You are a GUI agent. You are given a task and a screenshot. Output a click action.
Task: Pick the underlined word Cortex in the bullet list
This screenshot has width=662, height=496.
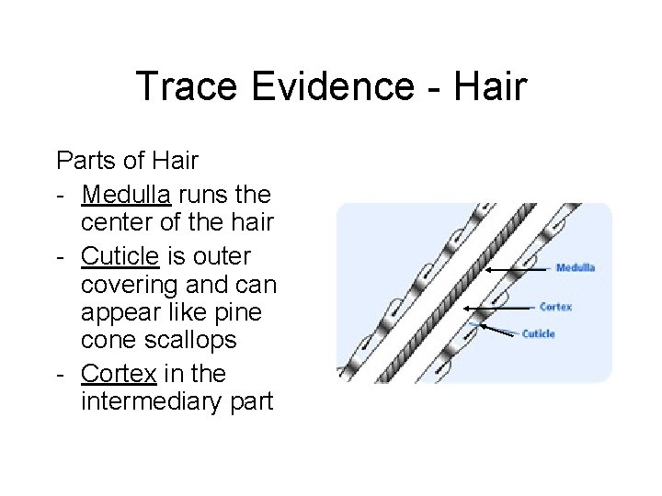pos(115,375)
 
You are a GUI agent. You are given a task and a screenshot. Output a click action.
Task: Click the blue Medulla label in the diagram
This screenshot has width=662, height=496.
pos(575,268)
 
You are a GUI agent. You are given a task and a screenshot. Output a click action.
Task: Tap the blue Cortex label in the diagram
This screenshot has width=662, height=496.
pos(555,307)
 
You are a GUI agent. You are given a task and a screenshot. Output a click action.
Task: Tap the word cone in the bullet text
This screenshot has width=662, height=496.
pos(107,340)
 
